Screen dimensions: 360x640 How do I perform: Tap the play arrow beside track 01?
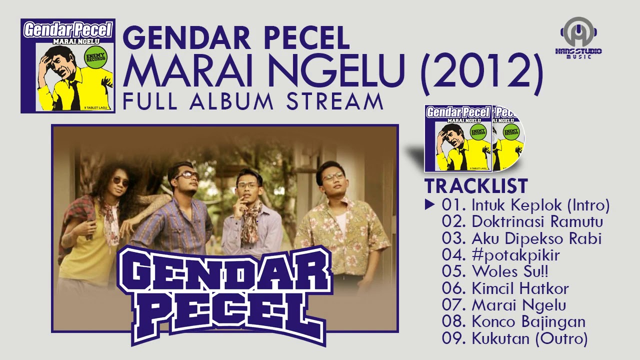coord(429,204)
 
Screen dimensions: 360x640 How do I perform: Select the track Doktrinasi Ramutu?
coord(522,221)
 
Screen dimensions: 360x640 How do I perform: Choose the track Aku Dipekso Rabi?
coord(521,238)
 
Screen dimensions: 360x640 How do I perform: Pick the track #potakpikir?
coord(501,255)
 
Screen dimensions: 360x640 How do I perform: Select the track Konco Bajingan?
coord(514,321)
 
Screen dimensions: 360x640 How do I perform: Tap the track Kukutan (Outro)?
coord(514,338)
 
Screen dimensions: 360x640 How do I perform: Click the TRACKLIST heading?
coord(476,186)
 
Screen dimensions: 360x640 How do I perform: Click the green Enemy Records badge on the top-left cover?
coord(96,57)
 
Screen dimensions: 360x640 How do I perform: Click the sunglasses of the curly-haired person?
coord(120,181)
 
